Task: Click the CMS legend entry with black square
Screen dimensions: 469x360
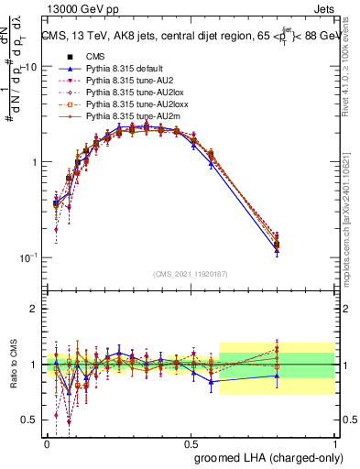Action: point(101,56)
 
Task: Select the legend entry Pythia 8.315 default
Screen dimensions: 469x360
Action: point(123,69)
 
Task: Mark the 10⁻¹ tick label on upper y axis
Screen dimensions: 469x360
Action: point(27,256)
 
